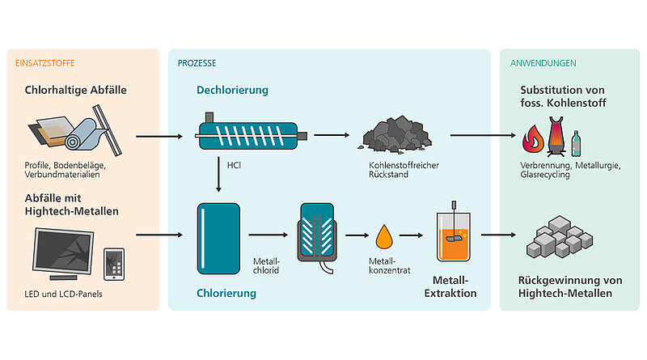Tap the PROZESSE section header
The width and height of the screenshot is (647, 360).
tap(197, 62)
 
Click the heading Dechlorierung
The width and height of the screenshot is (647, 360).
tap(232, 91)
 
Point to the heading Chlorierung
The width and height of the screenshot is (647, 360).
tap(226, 294)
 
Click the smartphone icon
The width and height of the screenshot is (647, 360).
tap(114, 263)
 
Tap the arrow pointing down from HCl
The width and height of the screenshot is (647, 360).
tap(218, 178)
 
